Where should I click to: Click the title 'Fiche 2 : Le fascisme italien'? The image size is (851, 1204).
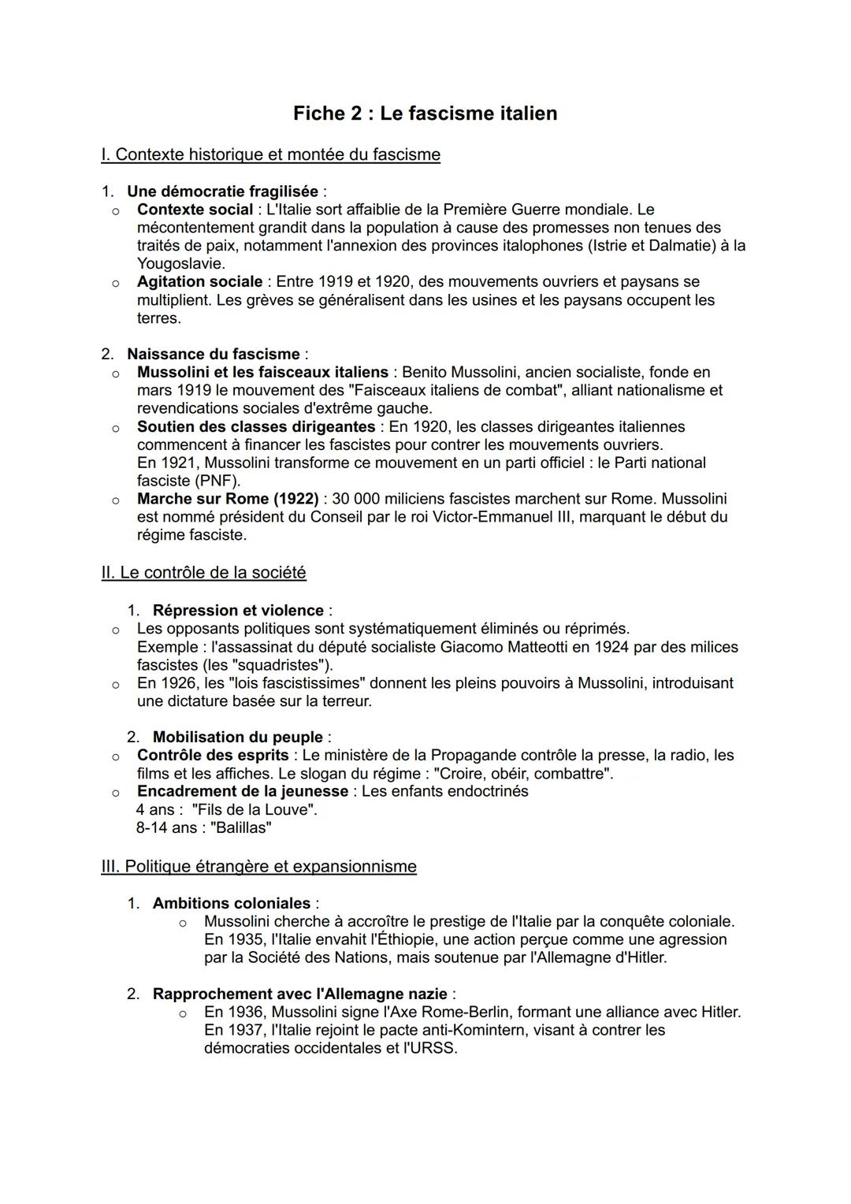pos(425,113)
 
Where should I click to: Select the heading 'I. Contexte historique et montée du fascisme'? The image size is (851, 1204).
pos(270,154)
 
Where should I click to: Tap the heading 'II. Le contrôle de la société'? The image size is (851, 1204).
pos(203,573)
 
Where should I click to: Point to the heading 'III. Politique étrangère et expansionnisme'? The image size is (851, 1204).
pos(258,867)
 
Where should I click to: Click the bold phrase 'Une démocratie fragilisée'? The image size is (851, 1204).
pos(222,191)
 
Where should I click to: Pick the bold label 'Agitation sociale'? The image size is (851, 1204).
pos(199,282)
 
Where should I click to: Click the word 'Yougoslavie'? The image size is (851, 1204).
pos(180,264)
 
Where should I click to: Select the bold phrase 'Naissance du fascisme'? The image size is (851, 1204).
pos(213,355)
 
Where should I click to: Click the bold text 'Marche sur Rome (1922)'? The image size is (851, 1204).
pos(228,499)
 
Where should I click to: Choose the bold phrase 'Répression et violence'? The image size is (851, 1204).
pos(238,611)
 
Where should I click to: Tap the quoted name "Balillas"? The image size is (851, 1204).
pos(240,828)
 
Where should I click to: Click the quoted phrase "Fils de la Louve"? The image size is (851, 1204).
pos(254,810)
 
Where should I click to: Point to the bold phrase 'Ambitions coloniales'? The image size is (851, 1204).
pos(232,904)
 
